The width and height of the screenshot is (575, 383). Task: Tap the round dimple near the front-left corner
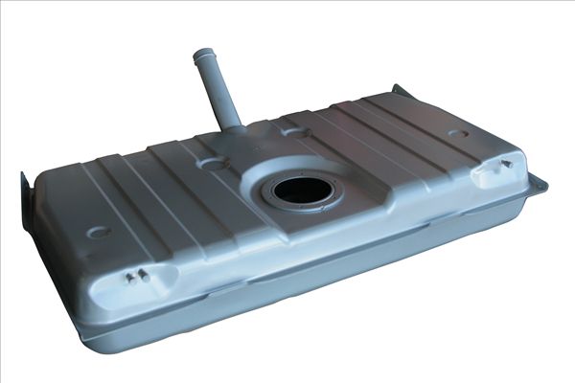98,232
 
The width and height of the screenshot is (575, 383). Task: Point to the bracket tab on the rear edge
400,92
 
